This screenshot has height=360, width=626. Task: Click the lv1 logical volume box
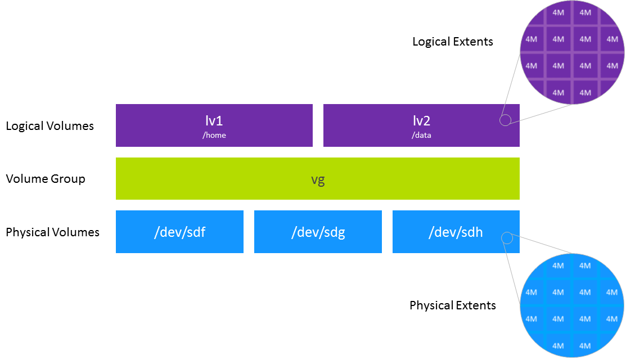[x=214, y=125]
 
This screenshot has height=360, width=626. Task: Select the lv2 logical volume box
[x=421, y=125]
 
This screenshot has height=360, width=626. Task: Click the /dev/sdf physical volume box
[x=179, y=232]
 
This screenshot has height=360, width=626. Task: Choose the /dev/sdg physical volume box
[x=318, y=232]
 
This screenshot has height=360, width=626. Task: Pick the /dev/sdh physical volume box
[x=456, y=232]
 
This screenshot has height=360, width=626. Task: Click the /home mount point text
[x=214, y=136]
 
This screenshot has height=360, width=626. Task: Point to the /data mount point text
[x=422, y=136]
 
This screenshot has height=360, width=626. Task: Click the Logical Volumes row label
[x=49, y=125]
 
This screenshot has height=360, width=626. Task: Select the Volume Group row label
[x=46, y=179]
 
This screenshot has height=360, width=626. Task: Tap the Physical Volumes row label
[x=52, y=232]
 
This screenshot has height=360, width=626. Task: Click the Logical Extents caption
[x=452, y=42]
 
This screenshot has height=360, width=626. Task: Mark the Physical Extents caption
[x=452, y=305]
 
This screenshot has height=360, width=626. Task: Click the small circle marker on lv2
[x=505, y=120]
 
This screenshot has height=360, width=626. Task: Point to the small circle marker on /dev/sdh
[x=506, y=238]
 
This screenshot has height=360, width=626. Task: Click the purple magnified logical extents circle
[x=571, y=52]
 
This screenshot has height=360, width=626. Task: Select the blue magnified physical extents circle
[x=571, y=306]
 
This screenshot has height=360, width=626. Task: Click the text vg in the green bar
[x=318, y=179]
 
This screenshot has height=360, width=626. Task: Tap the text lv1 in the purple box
[x=214, y=120]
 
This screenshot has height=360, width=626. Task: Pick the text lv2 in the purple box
[x=422, y=120]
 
